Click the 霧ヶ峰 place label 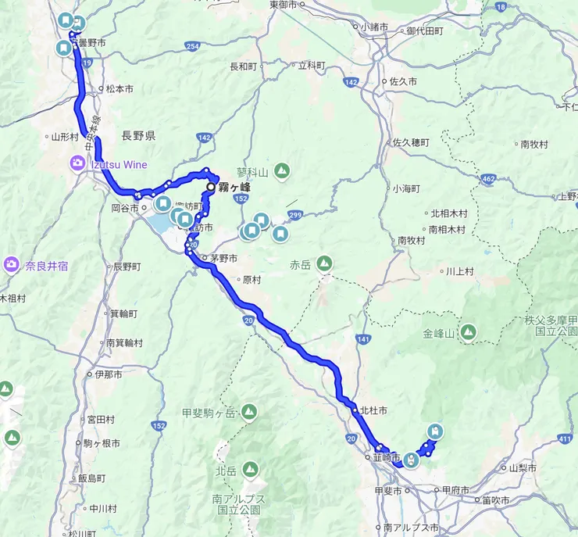(x=235, y=188)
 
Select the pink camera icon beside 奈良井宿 (x=11, y=264)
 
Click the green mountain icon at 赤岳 (x=323, y=263)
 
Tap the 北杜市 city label (x=373, y=410)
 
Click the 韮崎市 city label (x=386, y=456)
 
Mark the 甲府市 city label (x=456, y=489)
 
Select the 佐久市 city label (x=403, y=81)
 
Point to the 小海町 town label (x=406, y=188)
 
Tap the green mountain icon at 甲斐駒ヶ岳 (x=249, y=410)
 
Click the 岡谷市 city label (x=125, y=208)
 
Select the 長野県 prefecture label (x=138, y=136)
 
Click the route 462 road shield (x=489, y=180)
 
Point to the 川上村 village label (x=459, y=271)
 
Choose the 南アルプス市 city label (x=411, y=528)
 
